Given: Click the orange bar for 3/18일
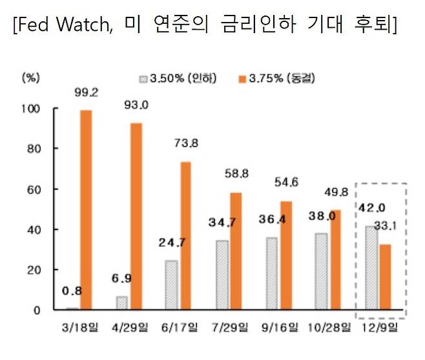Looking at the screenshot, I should [x=85, y=210].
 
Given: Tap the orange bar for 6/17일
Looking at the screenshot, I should [x=185, y=236].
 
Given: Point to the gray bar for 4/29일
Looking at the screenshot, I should [x=121, y=303].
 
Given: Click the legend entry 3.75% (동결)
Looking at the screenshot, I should [x=278, y=79].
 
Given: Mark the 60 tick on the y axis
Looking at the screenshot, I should [x=34, y=189].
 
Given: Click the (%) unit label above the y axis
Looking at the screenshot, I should [x=31, y=78].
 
